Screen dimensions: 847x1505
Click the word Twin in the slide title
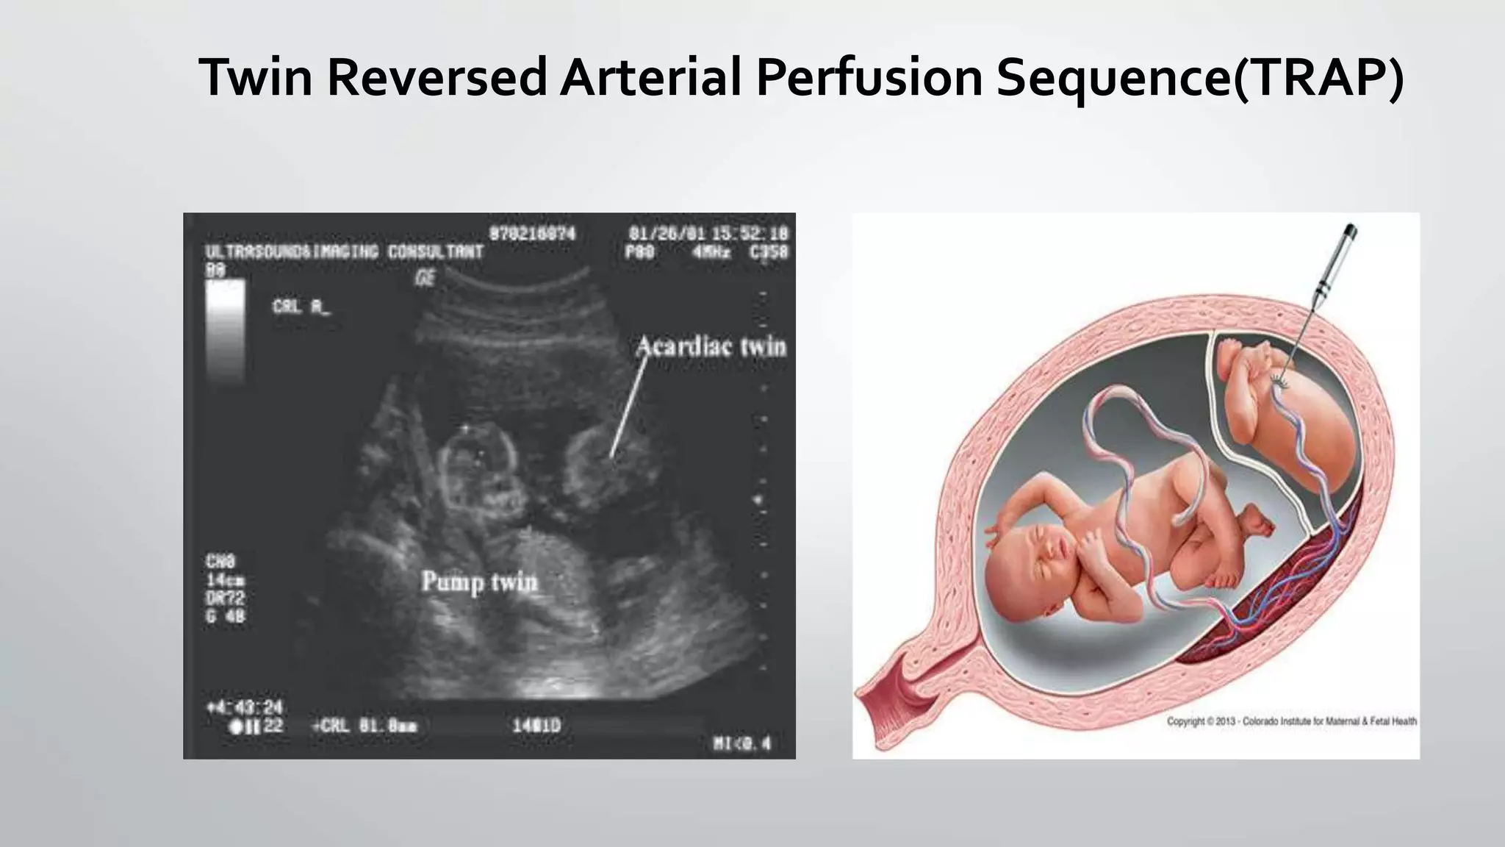(x=256, y=77)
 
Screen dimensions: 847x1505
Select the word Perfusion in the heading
(x=869, y=77)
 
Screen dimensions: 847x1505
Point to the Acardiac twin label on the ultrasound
(x=711, y=346)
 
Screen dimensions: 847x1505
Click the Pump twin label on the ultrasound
(x=479, y=582)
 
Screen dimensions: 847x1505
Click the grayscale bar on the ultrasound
(x=226, y=331)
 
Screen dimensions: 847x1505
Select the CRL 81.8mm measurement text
(x=365, y=726)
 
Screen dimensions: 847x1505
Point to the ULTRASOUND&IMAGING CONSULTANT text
(x=344, y=252)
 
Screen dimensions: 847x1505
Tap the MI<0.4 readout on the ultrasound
(x=742, y=744)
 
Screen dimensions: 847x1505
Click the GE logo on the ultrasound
(x=425, y=278)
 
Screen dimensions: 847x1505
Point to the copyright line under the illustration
(x=1291, y=721)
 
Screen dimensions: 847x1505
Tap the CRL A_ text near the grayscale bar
(x=301, y=307)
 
